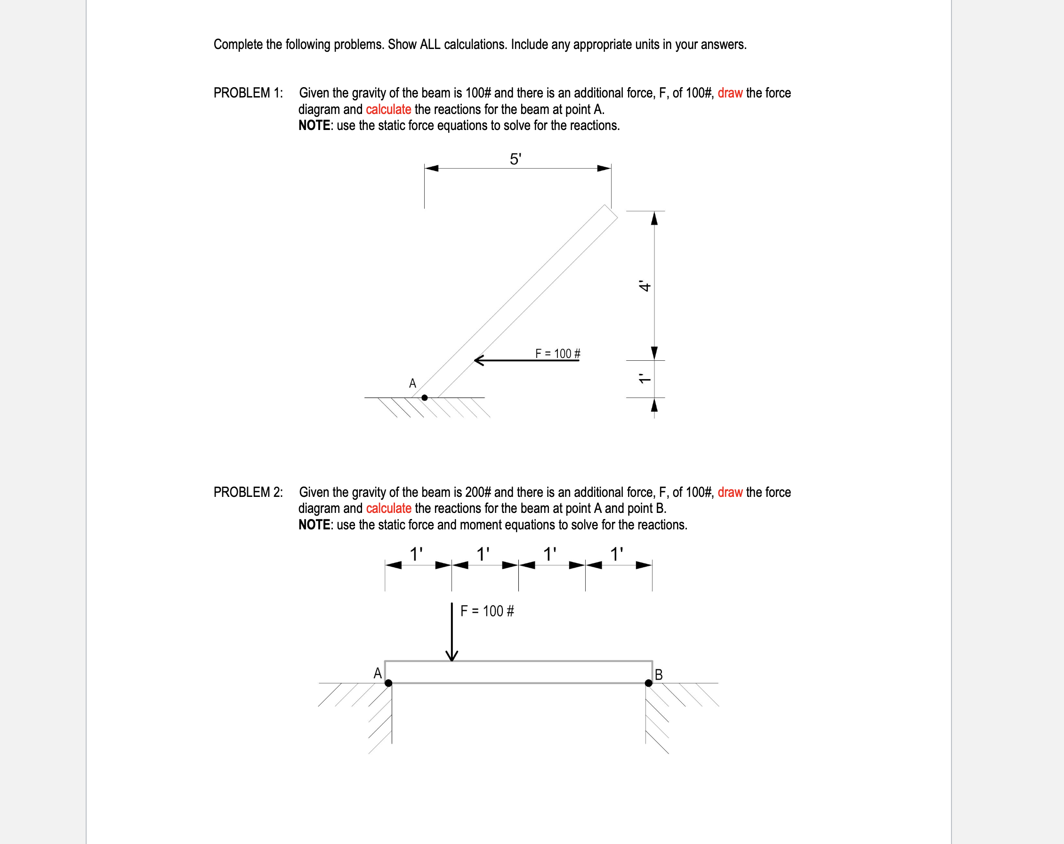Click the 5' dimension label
tap(515, 159)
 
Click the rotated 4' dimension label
tap(645, 286)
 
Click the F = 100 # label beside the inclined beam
tap(558, 353)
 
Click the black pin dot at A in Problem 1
tap(424, 398)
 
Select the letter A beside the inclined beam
tap(412, 383)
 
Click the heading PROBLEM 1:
tap(248, 93)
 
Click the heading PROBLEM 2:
tap(248, 492)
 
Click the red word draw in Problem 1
tap(730, 93)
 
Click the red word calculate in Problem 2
tap(388, 508)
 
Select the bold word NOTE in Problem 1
tap(314, 125)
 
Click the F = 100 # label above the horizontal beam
tap(487, 611)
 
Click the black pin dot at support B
tap(648, 683)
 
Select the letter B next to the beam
tap(658, 674)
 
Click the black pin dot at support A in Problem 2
tap(388, 683)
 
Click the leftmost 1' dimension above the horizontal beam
tap(417, 554)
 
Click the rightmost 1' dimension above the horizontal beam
tap(617, 554)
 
